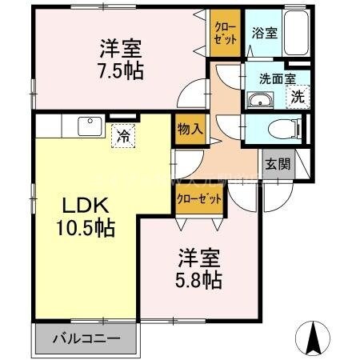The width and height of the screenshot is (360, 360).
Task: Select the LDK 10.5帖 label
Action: (82, 215)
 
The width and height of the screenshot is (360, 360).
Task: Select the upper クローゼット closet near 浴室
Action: (223, 33)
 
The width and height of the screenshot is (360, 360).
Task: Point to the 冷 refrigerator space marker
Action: (123, 136)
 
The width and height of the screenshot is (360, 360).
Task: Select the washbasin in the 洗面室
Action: (261, 99)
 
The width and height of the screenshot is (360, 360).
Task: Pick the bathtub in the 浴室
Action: (298, 33)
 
